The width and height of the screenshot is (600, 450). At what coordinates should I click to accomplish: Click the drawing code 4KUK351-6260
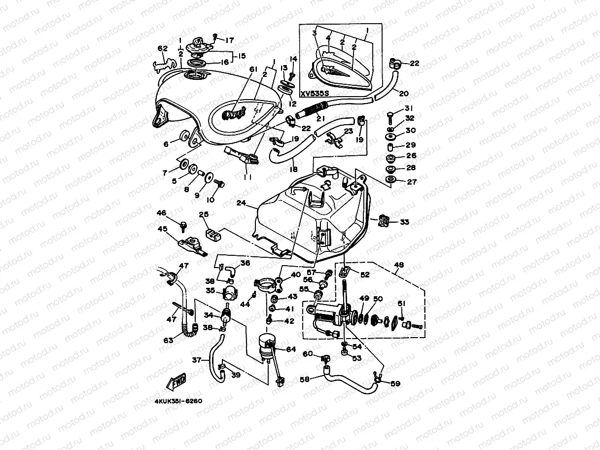[178, 401]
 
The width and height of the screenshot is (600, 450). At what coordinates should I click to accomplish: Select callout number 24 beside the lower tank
[242, 203]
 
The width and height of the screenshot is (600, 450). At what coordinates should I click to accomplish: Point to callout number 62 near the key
[163, 48]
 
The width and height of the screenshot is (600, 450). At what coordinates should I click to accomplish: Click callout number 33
[404, 222]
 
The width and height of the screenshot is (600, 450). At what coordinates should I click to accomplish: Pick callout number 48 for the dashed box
[399, 265]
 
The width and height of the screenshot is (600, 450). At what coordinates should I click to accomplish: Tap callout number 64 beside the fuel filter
[291, 349]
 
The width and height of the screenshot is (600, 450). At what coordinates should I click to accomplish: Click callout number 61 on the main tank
[253, 69]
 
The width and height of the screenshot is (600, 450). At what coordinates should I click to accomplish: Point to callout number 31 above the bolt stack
[409, 108]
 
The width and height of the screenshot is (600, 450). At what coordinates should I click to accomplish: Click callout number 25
[204, 214]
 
